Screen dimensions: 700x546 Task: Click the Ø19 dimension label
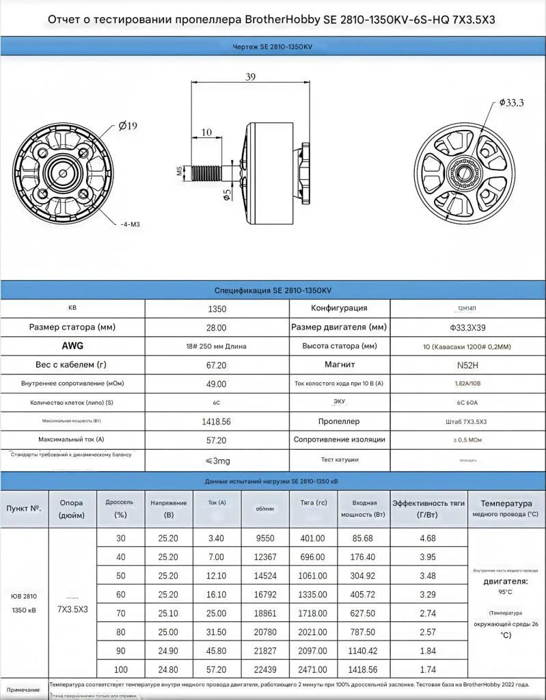[128, 126]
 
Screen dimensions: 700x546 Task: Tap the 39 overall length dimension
[250, 77]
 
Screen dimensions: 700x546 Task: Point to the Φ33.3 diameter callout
[510, 103]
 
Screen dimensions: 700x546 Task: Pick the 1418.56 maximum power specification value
[217, 421]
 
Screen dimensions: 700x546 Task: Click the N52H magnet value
[468, 364]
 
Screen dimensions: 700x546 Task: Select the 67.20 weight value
[217, 364]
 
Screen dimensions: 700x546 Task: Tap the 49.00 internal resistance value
[217, 383]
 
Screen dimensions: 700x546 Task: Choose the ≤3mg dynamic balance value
[217, 460]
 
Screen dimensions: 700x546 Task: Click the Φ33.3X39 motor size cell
[468, 327]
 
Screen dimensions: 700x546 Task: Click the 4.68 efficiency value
[427, 538]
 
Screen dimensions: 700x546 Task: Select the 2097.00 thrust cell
[313, 650]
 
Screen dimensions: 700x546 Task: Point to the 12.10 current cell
[216, 576]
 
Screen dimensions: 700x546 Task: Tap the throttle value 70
[121, 613]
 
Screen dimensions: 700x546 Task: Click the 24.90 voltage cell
[167, 650]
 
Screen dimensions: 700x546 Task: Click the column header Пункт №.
[24, 509]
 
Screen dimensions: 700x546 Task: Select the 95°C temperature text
[505, 591]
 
